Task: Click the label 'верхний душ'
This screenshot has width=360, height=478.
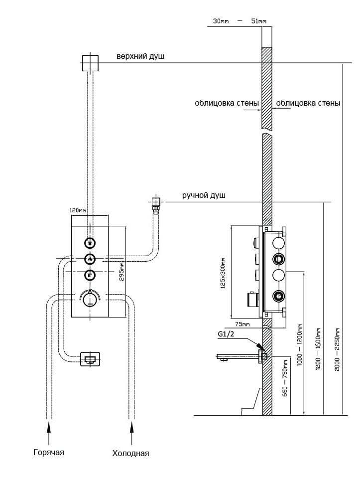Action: [140, 57]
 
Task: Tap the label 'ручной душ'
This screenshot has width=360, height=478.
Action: [204, 195]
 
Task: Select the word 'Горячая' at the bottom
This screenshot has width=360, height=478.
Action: [49, 452]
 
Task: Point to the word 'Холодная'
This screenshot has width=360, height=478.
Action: [130, 453]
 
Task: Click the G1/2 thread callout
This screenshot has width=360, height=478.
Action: [226, 334]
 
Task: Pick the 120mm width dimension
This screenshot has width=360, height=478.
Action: [78, 211]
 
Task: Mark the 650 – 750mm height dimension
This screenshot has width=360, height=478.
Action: [285, 379]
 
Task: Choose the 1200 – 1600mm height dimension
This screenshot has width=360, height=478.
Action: [318, 349]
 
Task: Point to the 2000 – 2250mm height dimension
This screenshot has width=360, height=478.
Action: [338, 349]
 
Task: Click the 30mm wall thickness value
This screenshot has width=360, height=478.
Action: [220, 21]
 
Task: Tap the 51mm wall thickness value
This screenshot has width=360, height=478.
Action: [258, 21]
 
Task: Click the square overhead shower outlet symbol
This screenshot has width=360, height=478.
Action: [90, 62]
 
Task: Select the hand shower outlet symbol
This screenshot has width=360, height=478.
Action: [156, 202]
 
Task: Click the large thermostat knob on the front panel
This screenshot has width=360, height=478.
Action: [90, 299]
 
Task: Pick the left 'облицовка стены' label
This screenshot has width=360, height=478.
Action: [227, 103]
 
